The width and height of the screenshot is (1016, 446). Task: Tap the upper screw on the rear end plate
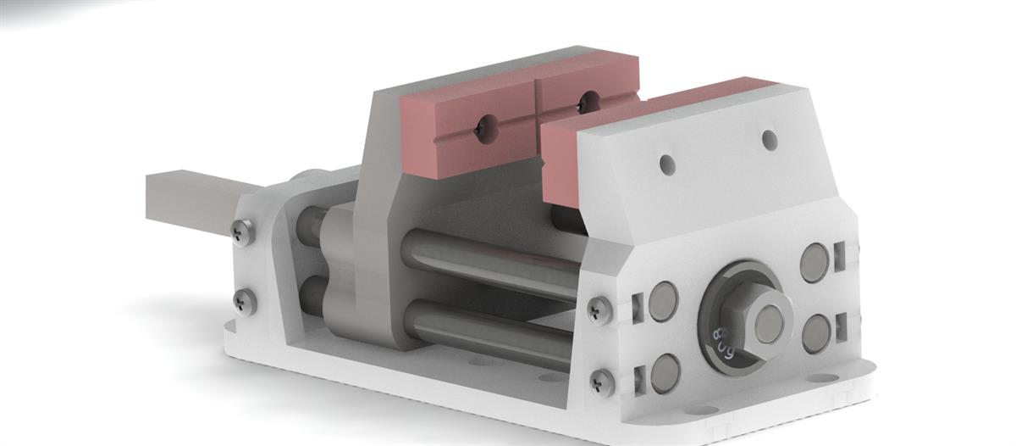242,229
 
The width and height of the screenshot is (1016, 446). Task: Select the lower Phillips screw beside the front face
602,382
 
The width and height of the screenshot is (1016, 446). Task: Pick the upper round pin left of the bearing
663,301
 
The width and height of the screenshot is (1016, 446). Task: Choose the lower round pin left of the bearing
665,373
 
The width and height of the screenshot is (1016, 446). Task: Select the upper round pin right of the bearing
814,263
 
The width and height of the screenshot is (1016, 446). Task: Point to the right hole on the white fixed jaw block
770,139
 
